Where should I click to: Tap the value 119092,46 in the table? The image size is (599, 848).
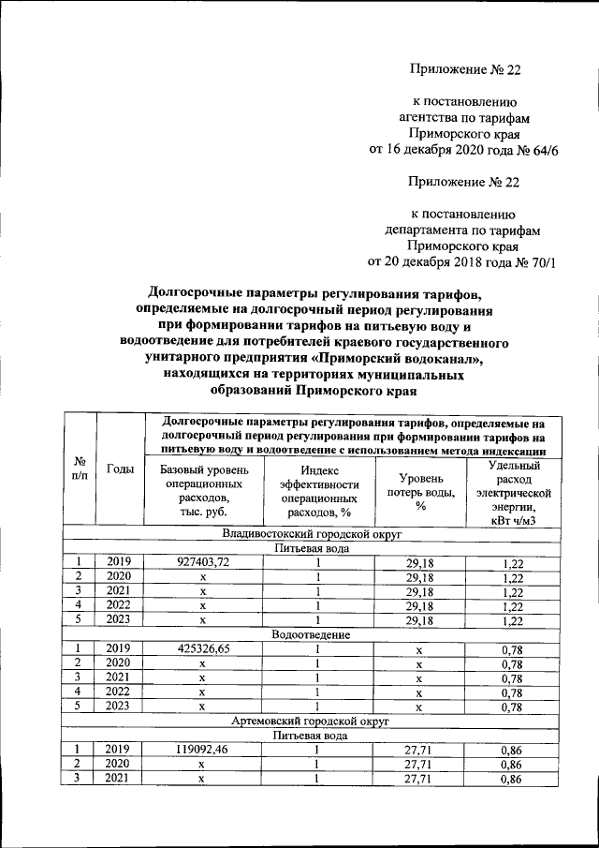click(x=203, y=751)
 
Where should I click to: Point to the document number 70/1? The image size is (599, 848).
click(x=536, y=261)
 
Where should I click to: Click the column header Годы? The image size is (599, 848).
click(x=120, y=469)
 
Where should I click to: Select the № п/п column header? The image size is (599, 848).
click(x=79, y=469)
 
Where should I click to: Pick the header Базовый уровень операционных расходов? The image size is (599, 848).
click(x=203, y=491)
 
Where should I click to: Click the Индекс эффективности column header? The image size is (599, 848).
click(x=318, y=491)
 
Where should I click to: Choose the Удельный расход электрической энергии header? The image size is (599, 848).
click(x=513, y=491)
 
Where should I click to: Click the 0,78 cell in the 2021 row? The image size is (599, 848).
click(x=513, y=677)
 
